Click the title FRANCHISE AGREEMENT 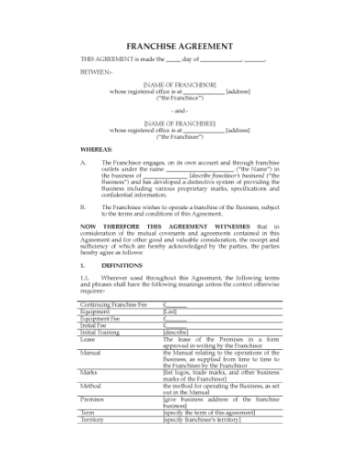pos(179,46)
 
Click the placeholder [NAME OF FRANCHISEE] pos(179,122)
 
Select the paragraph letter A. pos(82,163)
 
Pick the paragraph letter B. pos(82,207)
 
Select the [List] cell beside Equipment pos(170,311)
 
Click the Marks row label pos(89,373)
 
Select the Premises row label pos(92,399)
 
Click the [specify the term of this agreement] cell pos(209,413)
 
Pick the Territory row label pos(92,419)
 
